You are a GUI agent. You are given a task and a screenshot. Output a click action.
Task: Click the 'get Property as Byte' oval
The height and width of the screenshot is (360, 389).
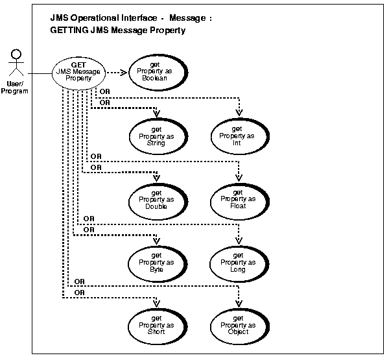(157, 262)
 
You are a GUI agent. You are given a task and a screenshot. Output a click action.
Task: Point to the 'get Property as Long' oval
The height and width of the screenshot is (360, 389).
(238, 262)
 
